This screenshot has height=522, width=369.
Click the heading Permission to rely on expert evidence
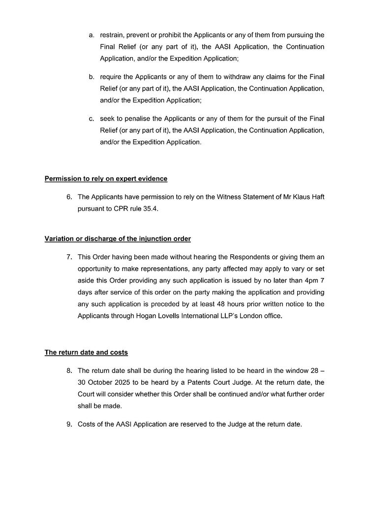tap(106, 178)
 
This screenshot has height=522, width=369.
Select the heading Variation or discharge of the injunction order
tap(118, 239)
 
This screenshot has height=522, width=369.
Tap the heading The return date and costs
tap(86, 352)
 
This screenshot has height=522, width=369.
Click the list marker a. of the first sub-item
tap(92, 35)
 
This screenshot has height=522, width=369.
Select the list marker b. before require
tap(92, 77)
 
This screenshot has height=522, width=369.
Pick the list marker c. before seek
tap(92, 119)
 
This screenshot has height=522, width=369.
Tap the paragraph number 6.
tap(69, 197)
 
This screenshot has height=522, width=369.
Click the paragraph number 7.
tap(69, 257)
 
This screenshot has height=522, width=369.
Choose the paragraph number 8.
tap(69, 370)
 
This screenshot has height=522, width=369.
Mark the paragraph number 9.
tap(69, 423)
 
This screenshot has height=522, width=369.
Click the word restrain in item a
tap(112, 35)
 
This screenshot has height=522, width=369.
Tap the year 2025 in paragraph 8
tap(131, 382)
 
